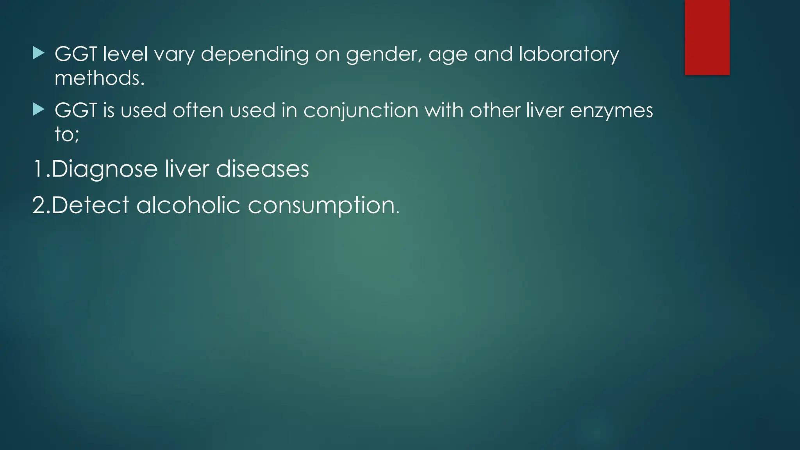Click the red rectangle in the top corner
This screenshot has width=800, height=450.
[707, 37]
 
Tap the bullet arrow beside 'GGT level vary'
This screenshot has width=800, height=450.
[39, 53]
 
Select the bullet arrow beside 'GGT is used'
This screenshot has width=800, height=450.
[39, 109]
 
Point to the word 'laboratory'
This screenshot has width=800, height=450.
[569, 55]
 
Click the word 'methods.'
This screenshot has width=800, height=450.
[100, 78]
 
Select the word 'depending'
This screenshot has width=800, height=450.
[255, 55]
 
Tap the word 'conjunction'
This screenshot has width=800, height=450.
[361, 111]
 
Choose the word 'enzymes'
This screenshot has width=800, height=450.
[611, 111]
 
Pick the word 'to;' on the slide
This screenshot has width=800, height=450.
[67, 134]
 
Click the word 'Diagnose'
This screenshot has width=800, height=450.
[104, 170]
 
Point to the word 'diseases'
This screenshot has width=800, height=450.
[262, 169]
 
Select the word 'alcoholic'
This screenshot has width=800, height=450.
[188, 205]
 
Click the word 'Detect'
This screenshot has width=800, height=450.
[90, 205]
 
